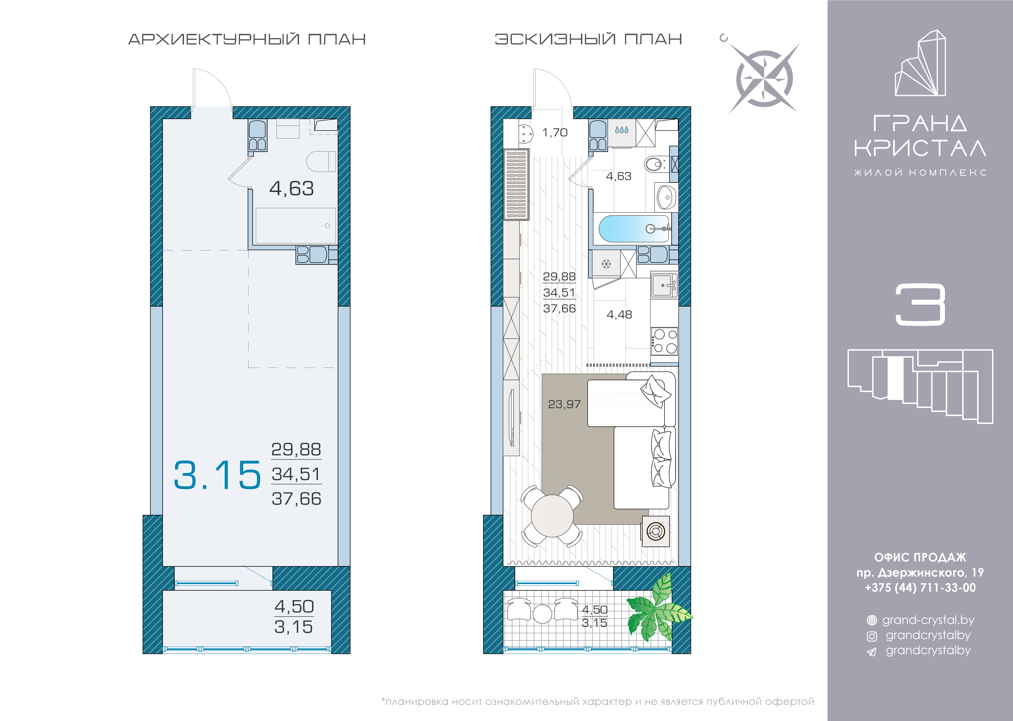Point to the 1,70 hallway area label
pos(555,132)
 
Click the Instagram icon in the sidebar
pos(872,636)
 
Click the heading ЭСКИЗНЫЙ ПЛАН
pos(588,39)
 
